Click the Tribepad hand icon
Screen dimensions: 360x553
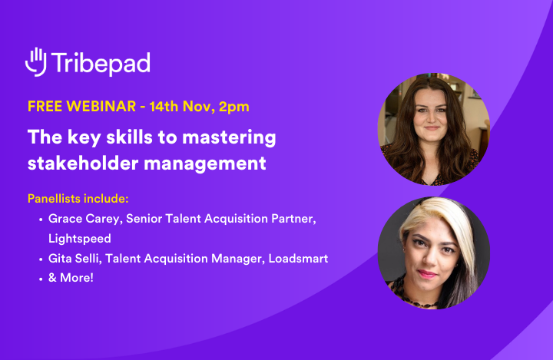click(x=36, y=62)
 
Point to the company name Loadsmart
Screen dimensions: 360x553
click(x=298, y=259)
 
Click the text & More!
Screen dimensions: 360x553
click(x=71, y=278)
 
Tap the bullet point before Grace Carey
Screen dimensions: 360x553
click(x=40, y=220)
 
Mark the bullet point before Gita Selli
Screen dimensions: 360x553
click(x=40, y=259)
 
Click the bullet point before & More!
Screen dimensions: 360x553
click(x=40, y=278)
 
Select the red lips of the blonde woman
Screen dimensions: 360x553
click(x=427, y=273)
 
